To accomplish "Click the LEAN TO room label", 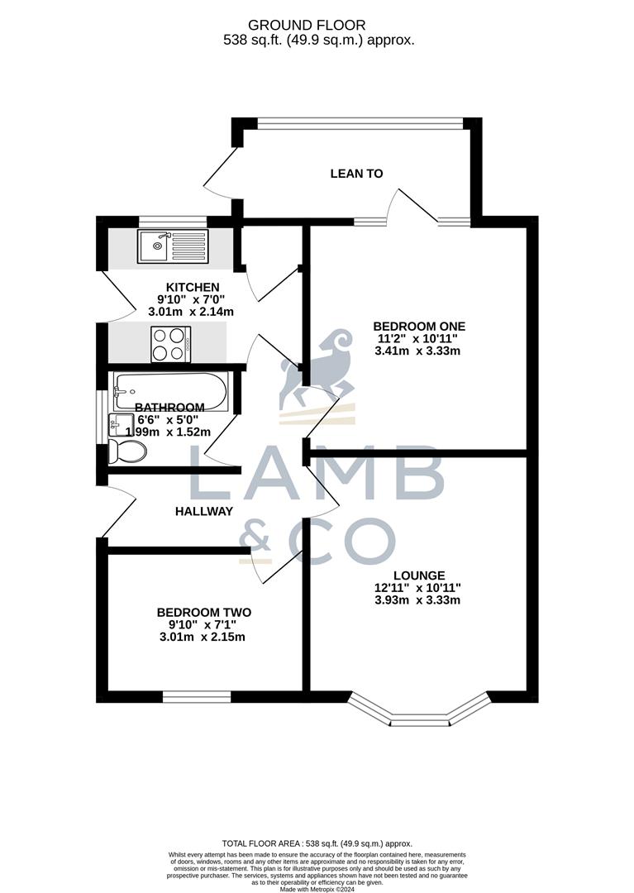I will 356,174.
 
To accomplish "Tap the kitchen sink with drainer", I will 173,246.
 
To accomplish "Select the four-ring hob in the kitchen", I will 170,344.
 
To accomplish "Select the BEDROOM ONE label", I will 419,326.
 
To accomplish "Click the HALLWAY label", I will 203,511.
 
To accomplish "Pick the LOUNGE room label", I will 419,575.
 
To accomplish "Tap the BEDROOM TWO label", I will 203,612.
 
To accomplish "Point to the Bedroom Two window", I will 196,698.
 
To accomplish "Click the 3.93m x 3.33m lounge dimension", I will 417,600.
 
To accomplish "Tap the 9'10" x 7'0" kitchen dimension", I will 190,299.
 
